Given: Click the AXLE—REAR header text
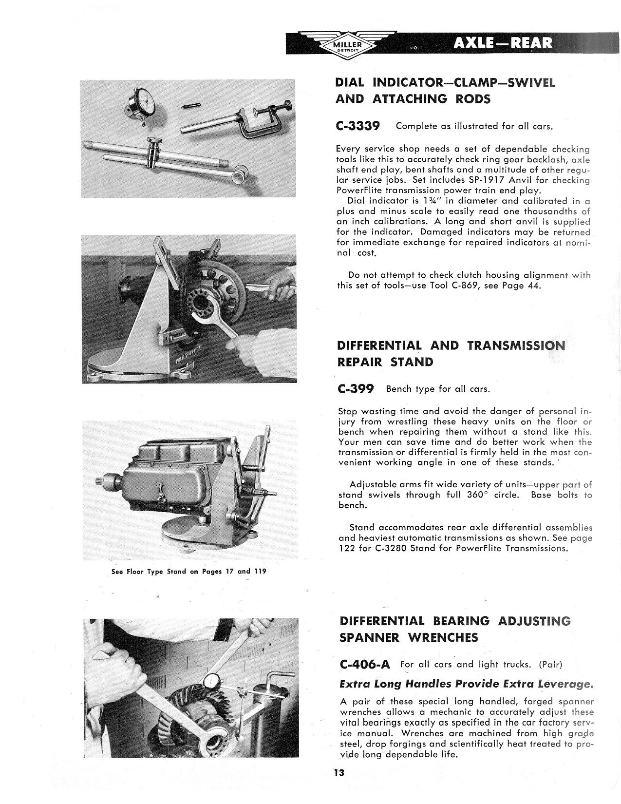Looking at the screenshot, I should tap(503, 43).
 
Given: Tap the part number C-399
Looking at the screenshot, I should tap(355, 389).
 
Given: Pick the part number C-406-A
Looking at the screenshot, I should tap(363, 664).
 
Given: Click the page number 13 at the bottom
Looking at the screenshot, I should tap(339, 773).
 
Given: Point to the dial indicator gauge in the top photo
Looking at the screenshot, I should tap(145, 103).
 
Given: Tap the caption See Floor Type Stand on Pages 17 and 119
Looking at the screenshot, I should tap(189, 571).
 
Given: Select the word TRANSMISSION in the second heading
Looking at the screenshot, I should tap(516, 345).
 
